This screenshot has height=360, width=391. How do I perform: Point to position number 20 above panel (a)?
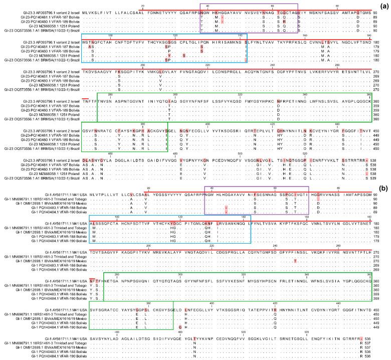(143, 5)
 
